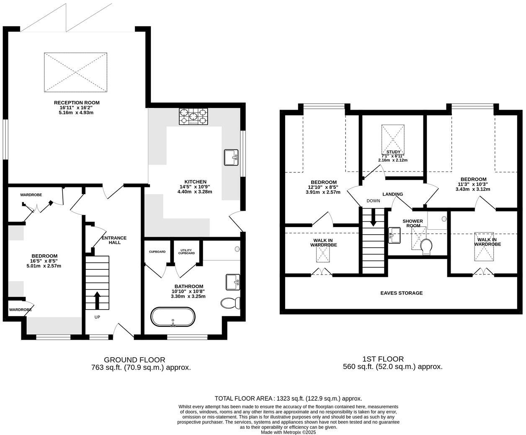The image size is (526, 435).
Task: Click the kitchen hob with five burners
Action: [x=193, y=116]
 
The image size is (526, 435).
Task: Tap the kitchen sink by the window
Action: [x=231, y=158]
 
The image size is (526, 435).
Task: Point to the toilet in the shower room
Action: [x=426, y=246]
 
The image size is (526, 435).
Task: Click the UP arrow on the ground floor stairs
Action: [x=97, y=300]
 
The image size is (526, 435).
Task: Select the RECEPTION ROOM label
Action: [x=77, y=102]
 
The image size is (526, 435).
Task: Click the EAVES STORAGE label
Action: [x=401, y=293]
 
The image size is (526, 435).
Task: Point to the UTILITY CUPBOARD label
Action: [x=186, y=252]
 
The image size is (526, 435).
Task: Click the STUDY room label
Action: [x=393, y=152]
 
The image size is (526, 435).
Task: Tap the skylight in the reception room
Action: [x=76, y=72]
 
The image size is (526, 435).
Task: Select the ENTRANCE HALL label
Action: [x=114, y=240]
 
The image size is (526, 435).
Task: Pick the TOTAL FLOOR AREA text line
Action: [x=288, y=399]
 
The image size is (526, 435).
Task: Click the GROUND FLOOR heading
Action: [x=134, y=360]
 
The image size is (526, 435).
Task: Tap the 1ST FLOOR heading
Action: [x=383, y=359]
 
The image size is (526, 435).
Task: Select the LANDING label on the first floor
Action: [x=392, y=194]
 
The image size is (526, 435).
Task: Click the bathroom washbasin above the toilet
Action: [x=232, y=282]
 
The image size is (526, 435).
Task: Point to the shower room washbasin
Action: [x=394, y=235]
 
